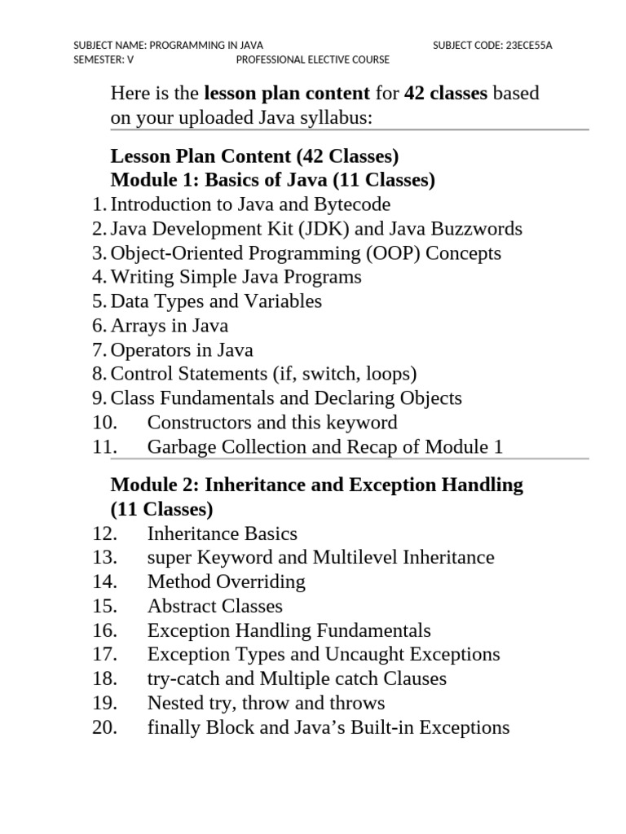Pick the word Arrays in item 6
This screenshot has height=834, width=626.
click(136, 326)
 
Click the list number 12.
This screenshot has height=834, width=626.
click(105, 534)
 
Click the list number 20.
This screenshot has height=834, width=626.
click(105, 728)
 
